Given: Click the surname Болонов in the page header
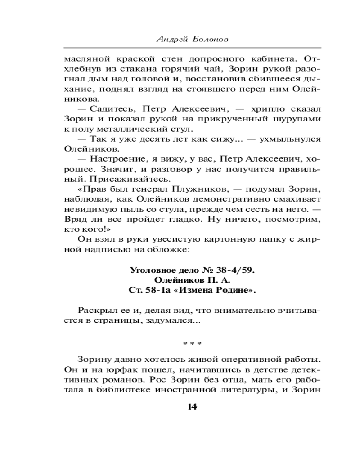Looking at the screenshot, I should [210, 39].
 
